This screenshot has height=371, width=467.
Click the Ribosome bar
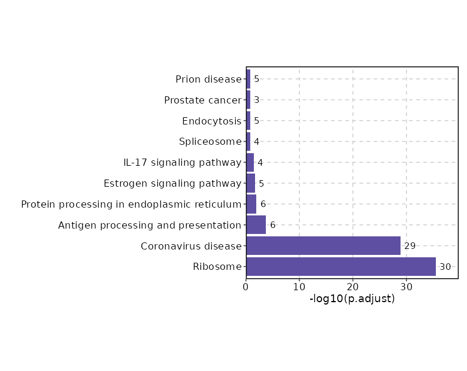pos(341,267)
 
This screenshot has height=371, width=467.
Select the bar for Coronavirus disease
pos(323,246)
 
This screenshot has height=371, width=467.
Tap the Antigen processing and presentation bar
pos(256,225)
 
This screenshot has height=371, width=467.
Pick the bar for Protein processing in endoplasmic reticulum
pos(251,204)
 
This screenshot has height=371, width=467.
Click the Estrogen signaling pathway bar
pos(251,183)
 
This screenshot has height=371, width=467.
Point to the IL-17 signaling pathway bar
pos(250,162)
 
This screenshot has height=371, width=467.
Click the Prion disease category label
pos(208,79)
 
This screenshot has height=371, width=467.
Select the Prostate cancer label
pos(202,100)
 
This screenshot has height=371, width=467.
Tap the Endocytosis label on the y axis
pos(211,121)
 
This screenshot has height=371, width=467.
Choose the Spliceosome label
pos(210,142)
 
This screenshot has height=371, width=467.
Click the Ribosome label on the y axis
pos(217,267)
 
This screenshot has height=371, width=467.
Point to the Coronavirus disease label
pos(191,246)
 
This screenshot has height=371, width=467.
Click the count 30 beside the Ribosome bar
pos(445,267)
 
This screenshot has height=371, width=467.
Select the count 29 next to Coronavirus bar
pos(410,246)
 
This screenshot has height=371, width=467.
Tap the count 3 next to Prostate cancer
pos(256,100)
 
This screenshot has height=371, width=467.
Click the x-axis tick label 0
pos(246,287)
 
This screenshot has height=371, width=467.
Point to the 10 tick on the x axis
pos(299,287)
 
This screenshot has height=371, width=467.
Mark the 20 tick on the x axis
pos(353,287)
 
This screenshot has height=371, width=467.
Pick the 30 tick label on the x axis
pos(407,287)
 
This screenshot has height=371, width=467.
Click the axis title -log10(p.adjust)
pos(352,299)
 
